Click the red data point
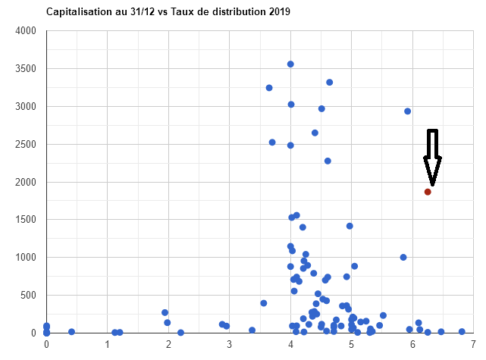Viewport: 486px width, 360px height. click(428, 192)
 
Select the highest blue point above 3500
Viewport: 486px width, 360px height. click(290, 64)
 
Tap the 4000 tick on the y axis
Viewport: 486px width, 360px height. click(26, 31)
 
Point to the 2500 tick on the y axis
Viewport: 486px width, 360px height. click(26, 144)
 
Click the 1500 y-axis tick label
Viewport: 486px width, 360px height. click(26, 220)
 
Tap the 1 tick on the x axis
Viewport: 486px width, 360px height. click(107, 345)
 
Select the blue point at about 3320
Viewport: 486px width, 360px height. click(329, 82)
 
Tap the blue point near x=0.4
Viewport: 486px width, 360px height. click(72, 332)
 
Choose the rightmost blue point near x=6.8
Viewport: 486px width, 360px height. click(462, 331)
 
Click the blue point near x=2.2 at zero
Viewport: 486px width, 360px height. click(180, 332)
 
